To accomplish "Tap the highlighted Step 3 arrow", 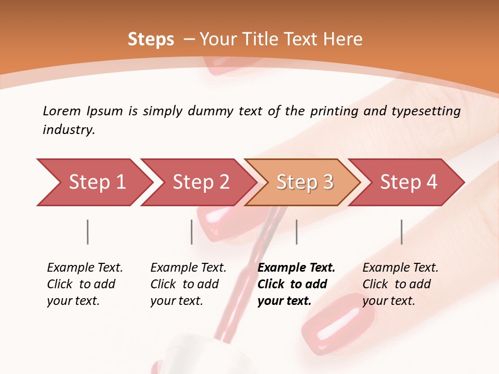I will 305,182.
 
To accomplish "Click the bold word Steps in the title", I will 151,39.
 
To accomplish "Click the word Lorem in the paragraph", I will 62,111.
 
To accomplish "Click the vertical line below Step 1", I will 87,232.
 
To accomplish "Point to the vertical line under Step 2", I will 192,232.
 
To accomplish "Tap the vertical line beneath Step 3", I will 297,232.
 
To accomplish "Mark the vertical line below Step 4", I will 402,232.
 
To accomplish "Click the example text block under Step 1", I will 85,284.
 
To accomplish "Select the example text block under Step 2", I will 188,284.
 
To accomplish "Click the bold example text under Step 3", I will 296,284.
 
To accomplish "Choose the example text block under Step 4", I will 400,284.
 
